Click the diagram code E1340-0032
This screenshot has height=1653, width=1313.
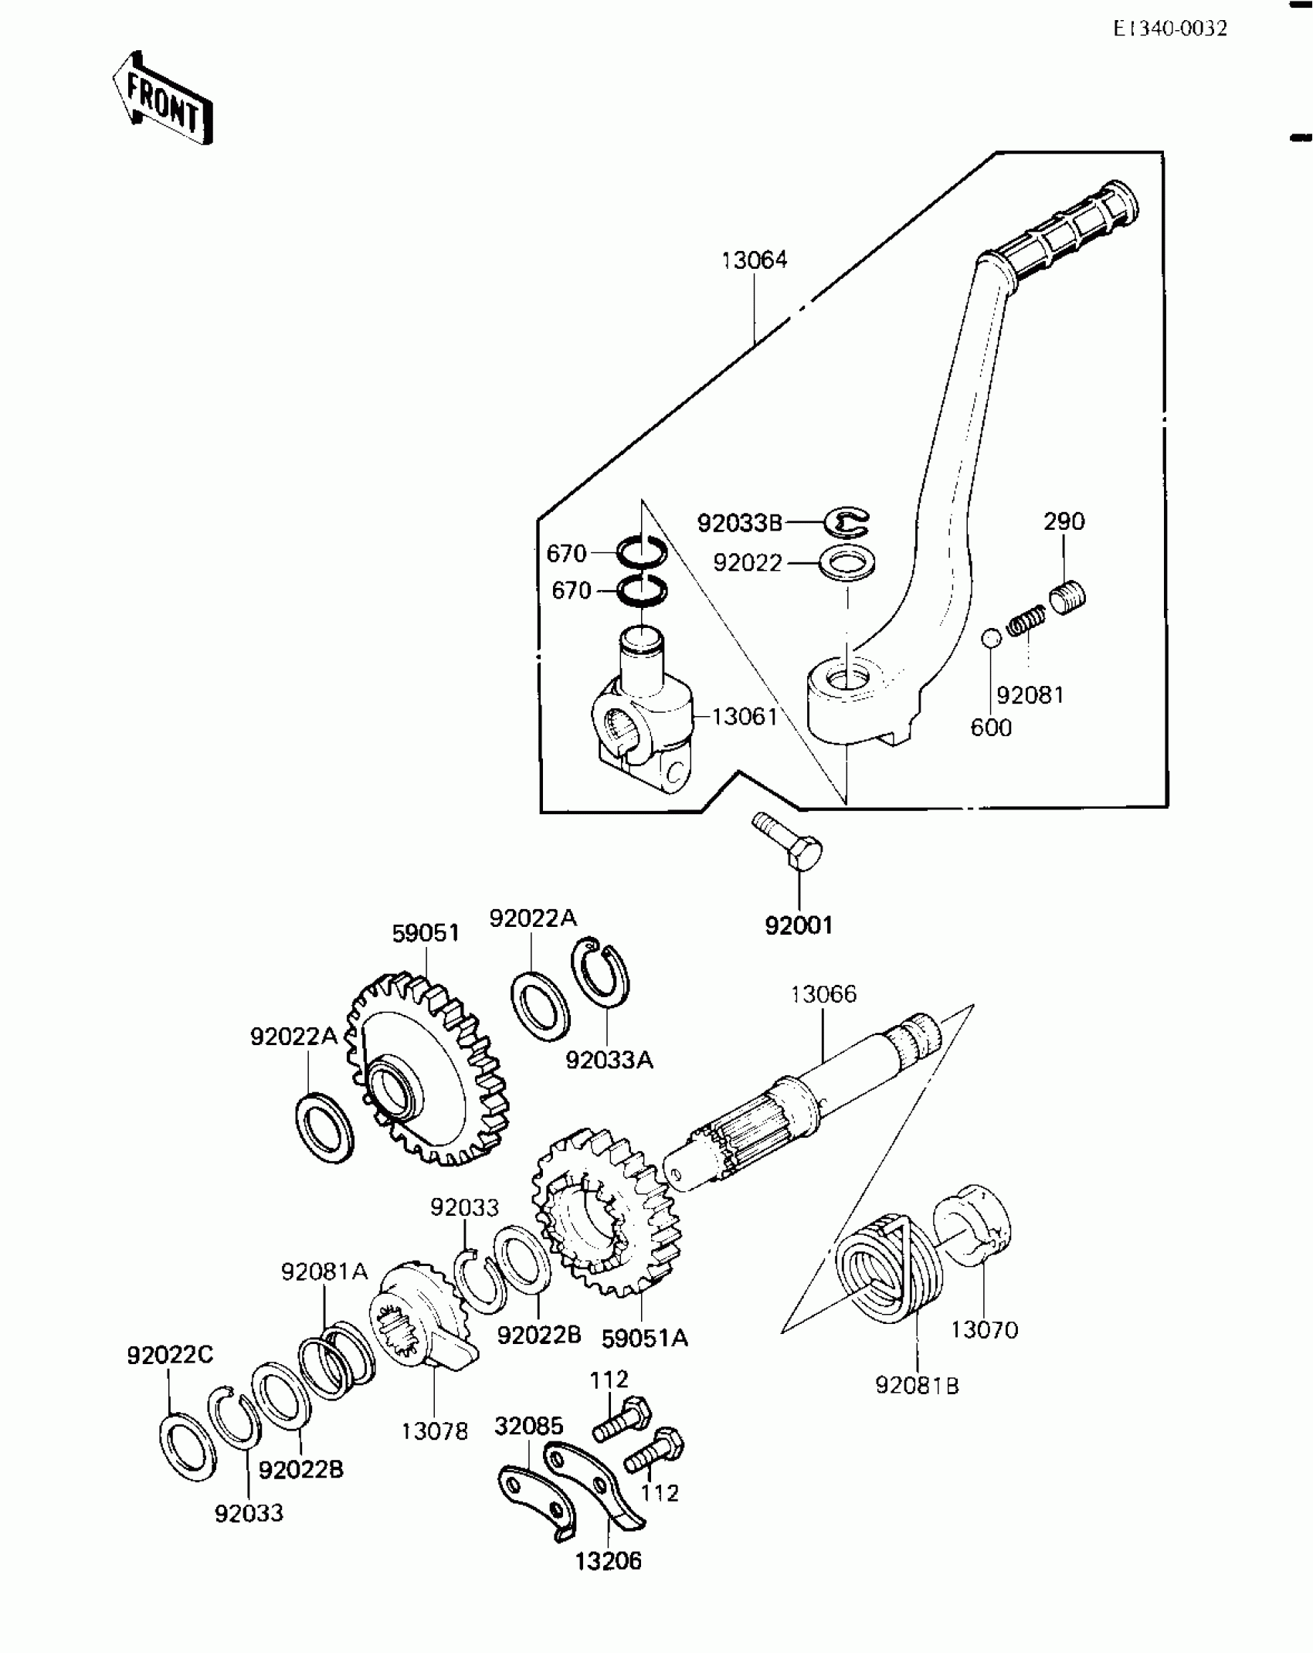(x=1169, y=29)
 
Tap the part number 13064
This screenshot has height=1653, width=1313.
(x=754, y=260)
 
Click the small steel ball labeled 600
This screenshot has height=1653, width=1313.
(x=991, y=638)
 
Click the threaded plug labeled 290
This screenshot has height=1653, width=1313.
(x=1068, y=597)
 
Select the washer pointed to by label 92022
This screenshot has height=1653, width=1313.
(x=847, y=562)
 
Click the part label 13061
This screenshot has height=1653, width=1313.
(x=744, y=717)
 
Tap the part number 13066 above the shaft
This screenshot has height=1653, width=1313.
(x=823, y=994)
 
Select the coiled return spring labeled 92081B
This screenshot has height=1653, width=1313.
(x=888, y=1267)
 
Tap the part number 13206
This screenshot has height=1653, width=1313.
(x=608, y=1561)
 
